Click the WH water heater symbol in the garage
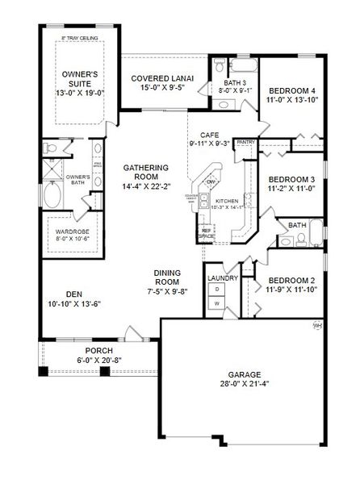(316, 325)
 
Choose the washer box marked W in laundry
(216, 303)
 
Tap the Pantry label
(245, 143)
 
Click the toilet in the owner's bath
(51, 148)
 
